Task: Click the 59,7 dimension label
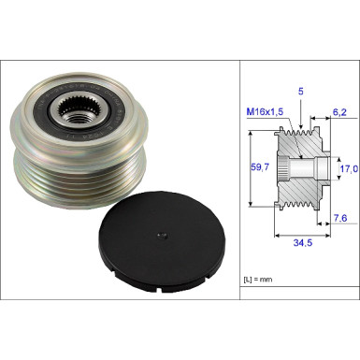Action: point(260,167)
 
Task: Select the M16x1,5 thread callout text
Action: point(265,111)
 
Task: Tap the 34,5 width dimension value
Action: point(302,242)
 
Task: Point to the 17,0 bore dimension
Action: point(349,169)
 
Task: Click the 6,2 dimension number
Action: point(339,112)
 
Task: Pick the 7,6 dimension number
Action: point(340,218)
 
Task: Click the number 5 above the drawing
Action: point(301,92)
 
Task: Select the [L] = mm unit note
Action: point(258,280)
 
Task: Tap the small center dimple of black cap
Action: point(162,236)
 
